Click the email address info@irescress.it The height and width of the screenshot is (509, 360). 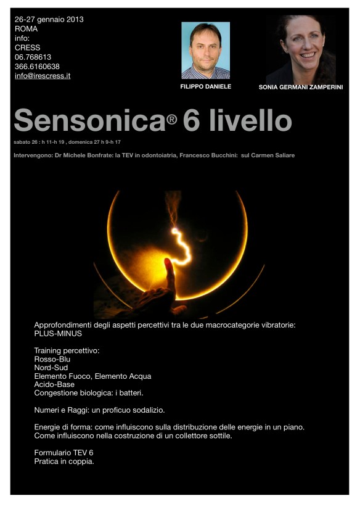tap(43, 77)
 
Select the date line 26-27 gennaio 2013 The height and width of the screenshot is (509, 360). tap(49, 19)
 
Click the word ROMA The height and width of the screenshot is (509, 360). tap(27, 29)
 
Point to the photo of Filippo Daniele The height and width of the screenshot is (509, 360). tap(205, 50)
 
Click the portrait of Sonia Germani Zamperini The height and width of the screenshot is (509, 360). tap(301, 49)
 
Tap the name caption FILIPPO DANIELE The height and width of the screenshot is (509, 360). tap(206, 87)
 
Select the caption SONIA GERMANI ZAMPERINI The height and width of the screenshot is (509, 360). tap(301, 88)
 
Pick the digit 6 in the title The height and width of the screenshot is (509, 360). tap(192, 120)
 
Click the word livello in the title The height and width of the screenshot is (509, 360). tap(250, 120)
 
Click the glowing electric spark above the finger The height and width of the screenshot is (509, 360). tap(180, 241)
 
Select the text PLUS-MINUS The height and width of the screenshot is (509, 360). tap(58, 333)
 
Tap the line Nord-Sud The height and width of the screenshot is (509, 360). tap(51, 368)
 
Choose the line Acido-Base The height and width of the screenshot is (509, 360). tap(54, 385)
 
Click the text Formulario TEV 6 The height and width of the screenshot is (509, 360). tap(63, 453)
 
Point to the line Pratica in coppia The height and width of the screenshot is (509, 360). tap(64, 461)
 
